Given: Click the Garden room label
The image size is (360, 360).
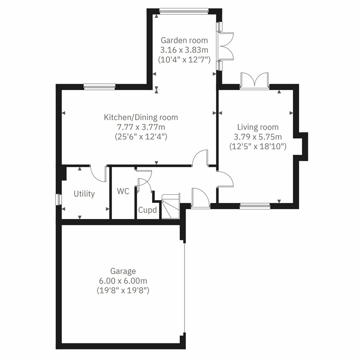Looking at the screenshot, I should [x=184, y=40].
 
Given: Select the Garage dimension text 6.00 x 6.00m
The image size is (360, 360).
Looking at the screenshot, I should [x=123, y=281].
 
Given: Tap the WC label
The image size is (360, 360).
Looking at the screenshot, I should [x=123, y=191].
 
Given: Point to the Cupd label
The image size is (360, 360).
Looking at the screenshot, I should [x=147, y=210].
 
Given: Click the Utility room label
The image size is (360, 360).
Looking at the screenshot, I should [x=84, y=194].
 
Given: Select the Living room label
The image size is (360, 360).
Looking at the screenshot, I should [x=258, y=127].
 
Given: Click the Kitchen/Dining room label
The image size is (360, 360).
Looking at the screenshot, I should [x=141, y=117].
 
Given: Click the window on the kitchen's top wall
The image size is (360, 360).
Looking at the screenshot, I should [x=99, y=87].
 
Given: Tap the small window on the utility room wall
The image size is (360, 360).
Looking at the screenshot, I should [x=59, y=199].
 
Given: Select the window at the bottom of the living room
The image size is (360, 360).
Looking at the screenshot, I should [x=255, y=206].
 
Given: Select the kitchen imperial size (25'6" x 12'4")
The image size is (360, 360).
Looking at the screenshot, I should [x=141, y=136].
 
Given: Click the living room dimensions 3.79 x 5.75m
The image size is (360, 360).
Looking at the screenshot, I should [x=258, y=137].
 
